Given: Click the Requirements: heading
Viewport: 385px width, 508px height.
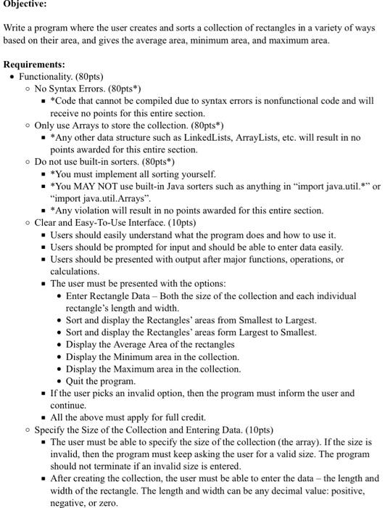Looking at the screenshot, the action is click(x=35, y=63).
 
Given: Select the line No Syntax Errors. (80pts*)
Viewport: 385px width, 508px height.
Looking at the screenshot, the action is click(x=92, y=88).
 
